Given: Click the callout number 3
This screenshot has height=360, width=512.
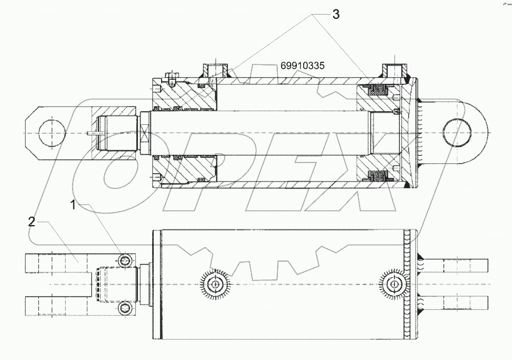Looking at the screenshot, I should pyautogui.click(x=336, y=15).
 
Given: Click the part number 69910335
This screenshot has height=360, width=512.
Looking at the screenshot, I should pyautogui.click(x=303, y=66).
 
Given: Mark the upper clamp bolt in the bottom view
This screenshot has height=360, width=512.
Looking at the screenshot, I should pyautogui.click(x=125, y=261).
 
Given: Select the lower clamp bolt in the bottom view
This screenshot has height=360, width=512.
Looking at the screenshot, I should pyautogui.click(x=125, y=308).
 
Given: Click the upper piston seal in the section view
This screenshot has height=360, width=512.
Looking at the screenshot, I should pyautogui.click(x=377, y=91).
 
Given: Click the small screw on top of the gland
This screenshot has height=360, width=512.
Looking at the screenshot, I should pyautogui.click(x=170, y=79).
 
